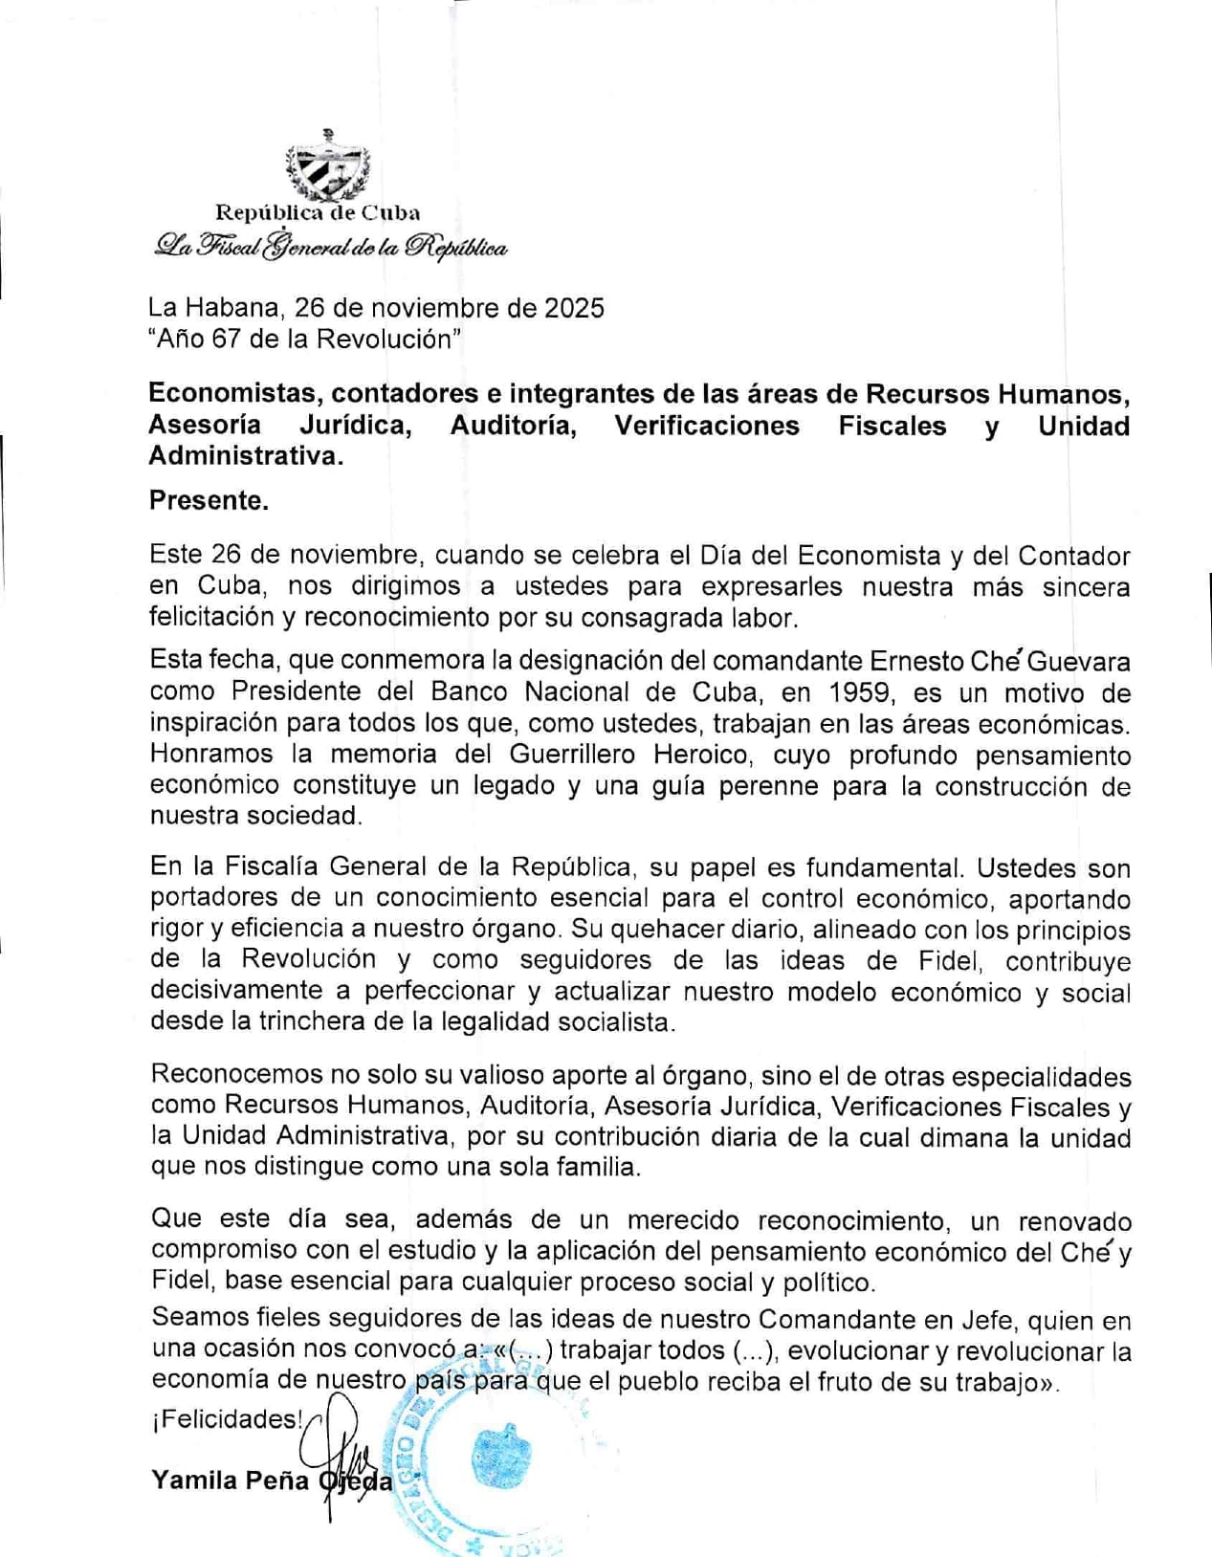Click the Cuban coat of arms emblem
point(327,165)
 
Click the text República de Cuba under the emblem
point(318,212)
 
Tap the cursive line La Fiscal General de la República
point(330,247)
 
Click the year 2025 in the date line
point(574,308)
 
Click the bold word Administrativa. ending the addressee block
point(245,456)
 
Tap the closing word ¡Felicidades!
point(228,1419)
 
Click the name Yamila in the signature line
point(194,1480)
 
